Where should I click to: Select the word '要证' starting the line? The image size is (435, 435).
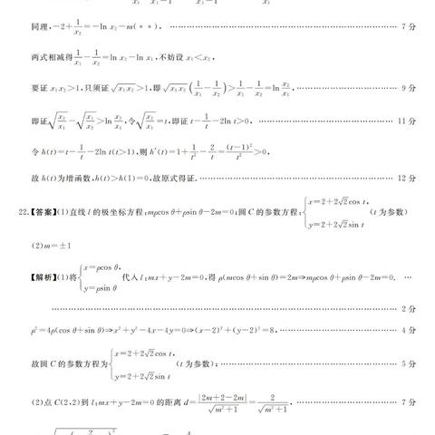coord(38,90)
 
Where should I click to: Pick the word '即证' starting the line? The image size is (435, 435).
coord(38,120)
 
